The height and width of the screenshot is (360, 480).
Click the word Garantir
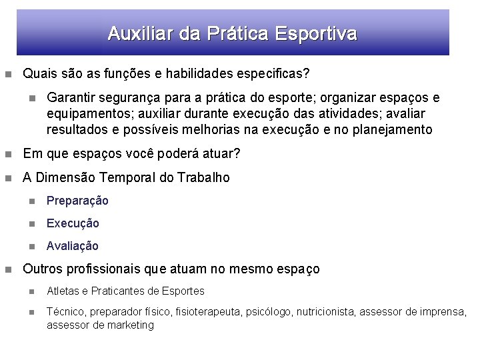point(69,98)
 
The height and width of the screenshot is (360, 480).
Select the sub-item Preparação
point(77,201)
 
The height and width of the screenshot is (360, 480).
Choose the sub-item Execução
point(73,223)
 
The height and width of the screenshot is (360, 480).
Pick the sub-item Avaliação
point(73,246)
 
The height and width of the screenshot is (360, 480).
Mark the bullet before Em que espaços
point(7,154)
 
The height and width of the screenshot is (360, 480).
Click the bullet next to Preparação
point(31,201)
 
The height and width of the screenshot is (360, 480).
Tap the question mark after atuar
point(237,154)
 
